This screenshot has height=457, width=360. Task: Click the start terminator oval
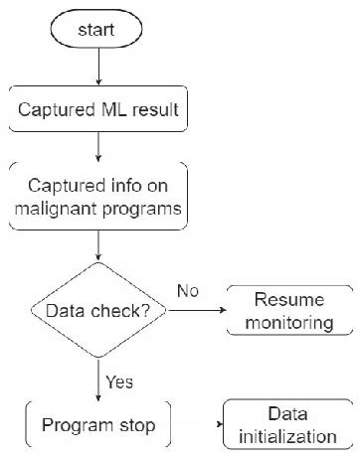point(98,31)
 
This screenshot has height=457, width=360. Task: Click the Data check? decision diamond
point(98,311)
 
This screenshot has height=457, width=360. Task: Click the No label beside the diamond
point(190,291)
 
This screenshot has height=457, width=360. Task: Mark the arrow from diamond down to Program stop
point(98,380)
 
